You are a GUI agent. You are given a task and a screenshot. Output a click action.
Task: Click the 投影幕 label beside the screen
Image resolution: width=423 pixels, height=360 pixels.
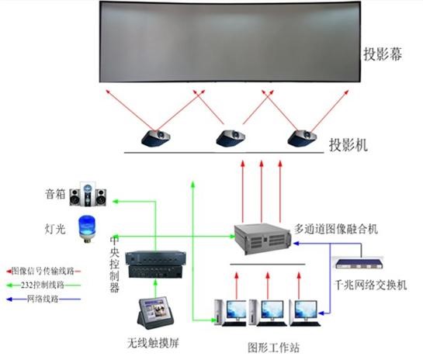[383, 54]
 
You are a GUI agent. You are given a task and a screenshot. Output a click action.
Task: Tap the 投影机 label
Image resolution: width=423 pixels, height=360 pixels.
[348, 145]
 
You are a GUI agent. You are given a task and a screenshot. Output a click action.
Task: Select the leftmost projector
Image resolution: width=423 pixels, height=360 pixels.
[156, 138]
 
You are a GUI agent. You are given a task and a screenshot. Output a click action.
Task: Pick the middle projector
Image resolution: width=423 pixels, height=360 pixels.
[231, 138]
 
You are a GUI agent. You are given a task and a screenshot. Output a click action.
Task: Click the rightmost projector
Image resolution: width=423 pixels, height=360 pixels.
[302, 138]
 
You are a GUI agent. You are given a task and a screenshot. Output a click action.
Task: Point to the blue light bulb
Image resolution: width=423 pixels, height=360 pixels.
[87, 229]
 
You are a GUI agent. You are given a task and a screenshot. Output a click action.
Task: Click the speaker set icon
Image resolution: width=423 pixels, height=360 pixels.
[88, 194]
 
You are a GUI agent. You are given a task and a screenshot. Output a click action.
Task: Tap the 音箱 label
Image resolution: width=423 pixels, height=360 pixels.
[55, 194]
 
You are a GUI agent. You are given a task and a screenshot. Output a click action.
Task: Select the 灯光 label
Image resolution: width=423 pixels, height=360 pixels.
[55, 229]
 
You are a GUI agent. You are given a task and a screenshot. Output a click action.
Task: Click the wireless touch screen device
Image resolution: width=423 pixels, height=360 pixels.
[155, 313]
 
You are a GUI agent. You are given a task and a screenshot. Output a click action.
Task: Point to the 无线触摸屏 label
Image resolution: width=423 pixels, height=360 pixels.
[153, 343]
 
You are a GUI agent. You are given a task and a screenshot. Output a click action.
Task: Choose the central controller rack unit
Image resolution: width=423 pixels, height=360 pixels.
[156, 265]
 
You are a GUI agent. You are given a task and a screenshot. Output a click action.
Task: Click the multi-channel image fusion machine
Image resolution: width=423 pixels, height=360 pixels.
[263, 239]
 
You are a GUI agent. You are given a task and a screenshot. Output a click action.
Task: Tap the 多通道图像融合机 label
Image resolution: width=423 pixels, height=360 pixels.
[336, 229]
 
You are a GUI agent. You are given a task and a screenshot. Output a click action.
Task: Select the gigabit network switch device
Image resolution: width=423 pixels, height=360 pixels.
[359, 264]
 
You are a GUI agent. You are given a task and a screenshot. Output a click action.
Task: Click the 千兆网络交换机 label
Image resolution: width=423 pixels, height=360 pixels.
[371, 285]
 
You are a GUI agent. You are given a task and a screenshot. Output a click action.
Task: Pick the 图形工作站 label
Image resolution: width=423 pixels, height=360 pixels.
[273, 348]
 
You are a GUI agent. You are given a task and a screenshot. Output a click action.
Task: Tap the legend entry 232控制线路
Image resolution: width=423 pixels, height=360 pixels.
[43, 285]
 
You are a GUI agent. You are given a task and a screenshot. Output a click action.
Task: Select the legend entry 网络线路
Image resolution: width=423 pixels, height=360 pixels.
[43, 299]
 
